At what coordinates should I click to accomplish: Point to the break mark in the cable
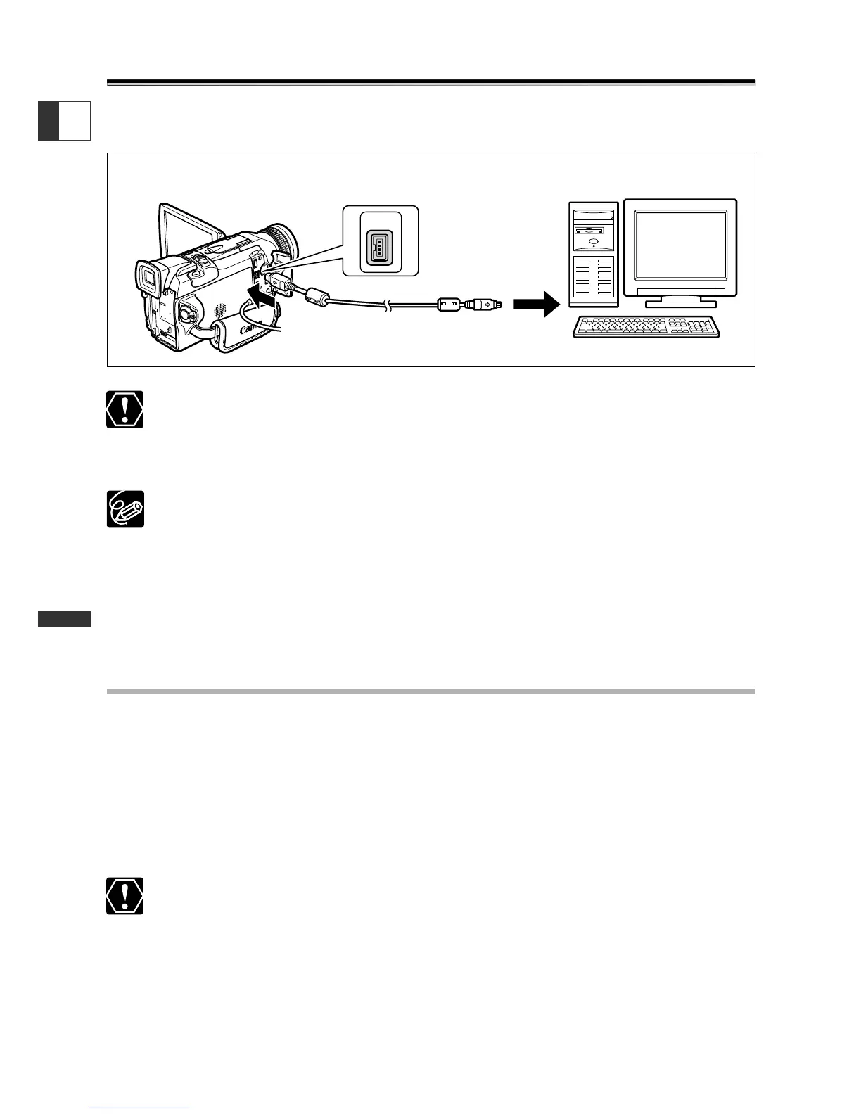pyautogui.click(x=387, y=307)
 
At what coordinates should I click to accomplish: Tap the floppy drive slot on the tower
pyautogui.click(x=594, y=229)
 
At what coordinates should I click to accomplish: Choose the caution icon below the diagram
pyautogui.click(x=125, y=409)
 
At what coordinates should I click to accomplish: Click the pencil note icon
pyautogui.click(x=125, y=508)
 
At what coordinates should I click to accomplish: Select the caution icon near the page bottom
pyautogui.click(x=125, y=896)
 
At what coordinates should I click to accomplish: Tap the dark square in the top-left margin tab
pyautogui.click(x=49, y=121)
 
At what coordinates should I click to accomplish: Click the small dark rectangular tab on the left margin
pyautogui.click(x=65, y=619)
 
